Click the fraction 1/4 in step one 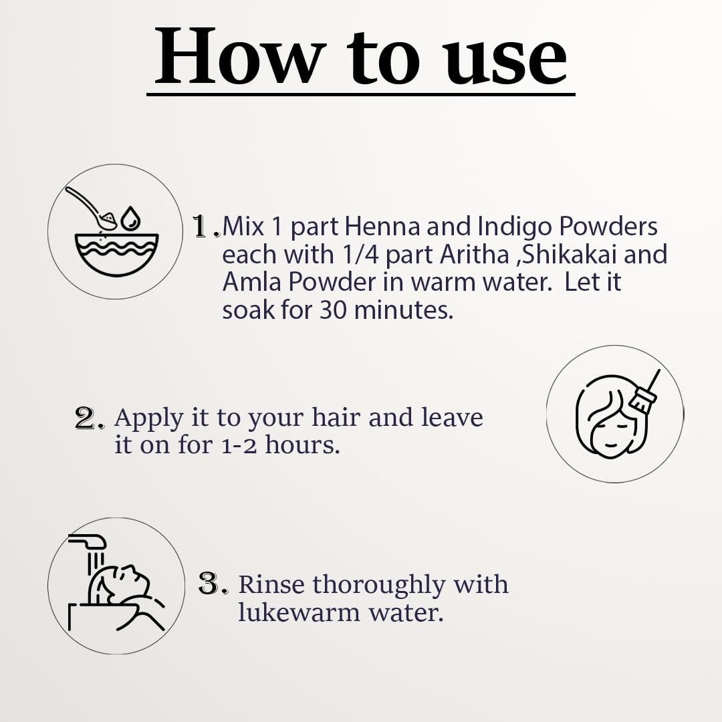[x=361, y=254]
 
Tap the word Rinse [x=271, y=584]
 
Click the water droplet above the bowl [x=130, y=218]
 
